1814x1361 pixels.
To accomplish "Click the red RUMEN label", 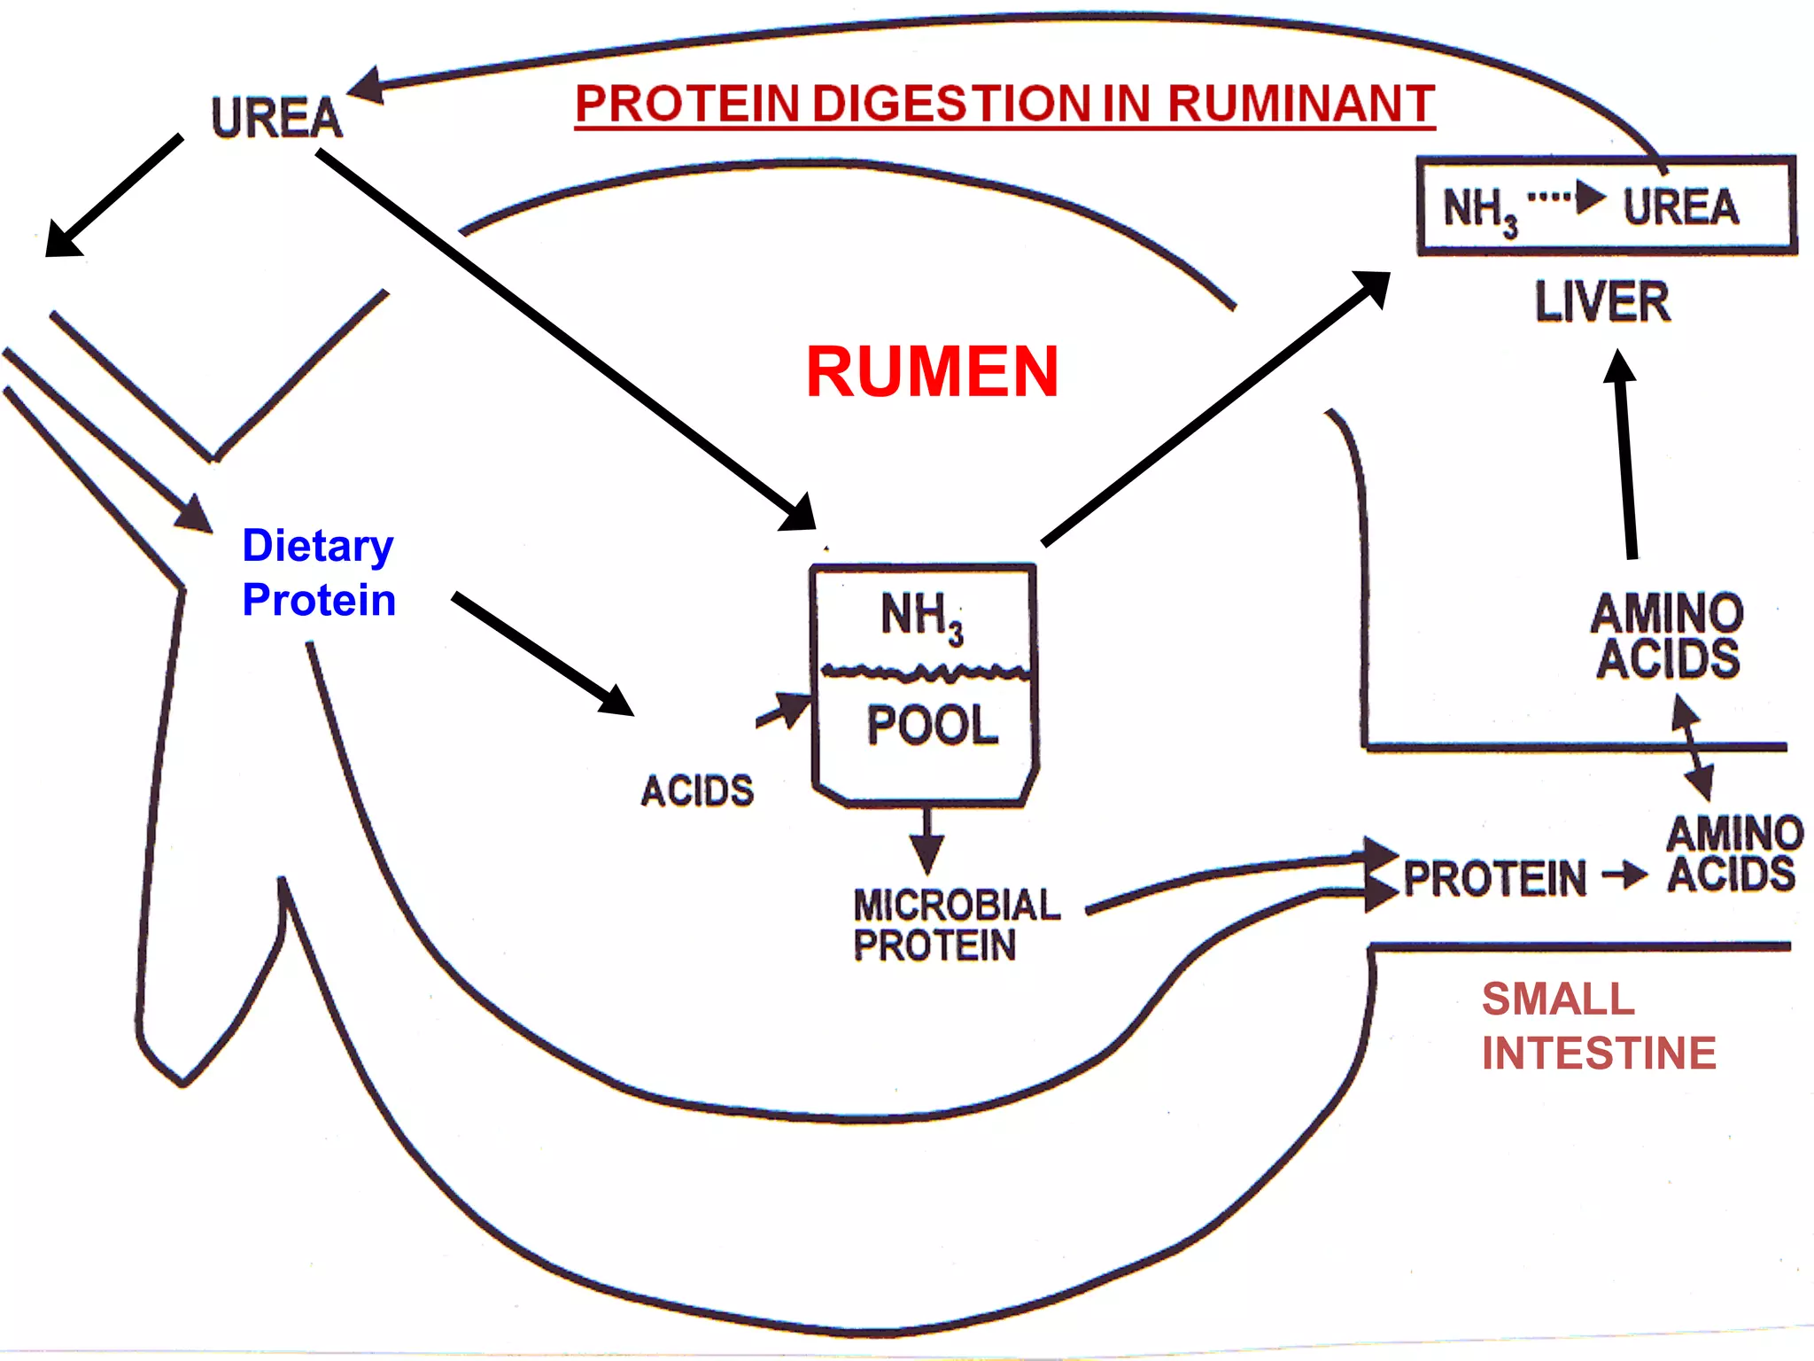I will (932, 372).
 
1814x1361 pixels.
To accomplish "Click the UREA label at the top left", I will (276, 118).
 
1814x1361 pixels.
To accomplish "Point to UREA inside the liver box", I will (1680, 207).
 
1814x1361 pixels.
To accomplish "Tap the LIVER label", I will (1602, 301).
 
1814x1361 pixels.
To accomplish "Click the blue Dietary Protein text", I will (318, 572).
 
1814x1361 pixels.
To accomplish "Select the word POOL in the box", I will (932, 725).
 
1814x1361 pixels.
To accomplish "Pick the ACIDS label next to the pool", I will (697, 790).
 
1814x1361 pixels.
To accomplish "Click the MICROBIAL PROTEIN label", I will (955, 925).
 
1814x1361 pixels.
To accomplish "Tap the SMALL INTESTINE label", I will (1598, 1026).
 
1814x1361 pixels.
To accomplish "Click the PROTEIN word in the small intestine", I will (1495, 879).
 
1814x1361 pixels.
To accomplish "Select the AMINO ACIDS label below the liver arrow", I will (1667, 636).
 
